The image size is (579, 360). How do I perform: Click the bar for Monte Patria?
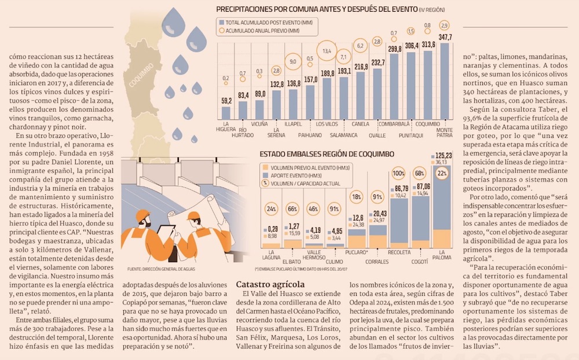[x=445, y=81]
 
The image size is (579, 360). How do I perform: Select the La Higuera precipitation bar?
[x=226, y=113]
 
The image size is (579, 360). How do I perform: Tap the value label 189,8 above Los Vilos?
[x=328, y=74]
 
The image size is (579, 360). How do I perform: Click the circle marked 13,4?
[x=327, y=51]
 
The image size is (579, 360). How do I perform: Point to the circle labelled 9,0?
[x=293, y=62]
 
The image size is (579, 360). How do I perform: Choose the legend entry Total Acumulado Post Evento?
[x=266, y=23]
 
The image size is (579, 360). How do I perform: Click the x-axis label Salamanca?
[x=343, y=135]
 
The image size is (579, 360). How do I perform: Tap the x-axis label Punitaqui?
[x=411, y=135]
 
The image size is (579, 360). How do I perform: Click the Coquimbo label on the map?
[x=141, y=75]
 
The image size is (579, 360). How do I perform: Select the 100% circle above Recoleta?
[x=398, y=173]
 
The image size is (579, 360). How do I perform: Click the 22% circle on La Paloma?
[x=442, y=173]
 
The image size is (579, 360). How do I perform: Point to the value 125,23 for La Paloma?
[x=444, y=156]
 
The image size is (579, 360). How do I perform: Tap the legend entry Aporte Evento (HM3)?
[x=291, y=176]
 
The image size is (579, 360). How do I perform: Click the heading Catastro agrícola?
[x=270, y=284]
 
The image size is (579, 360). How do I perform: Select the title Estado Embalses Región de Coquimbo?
[x=327, y=154]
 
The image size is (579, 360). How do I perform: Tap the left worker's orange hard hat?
[x=142, y=215]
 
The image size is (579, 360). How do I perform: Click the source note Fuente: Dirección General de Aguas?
[x=161, y=269]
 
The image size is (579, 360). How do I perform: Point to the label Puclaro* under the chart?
[x=356, y=252]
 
